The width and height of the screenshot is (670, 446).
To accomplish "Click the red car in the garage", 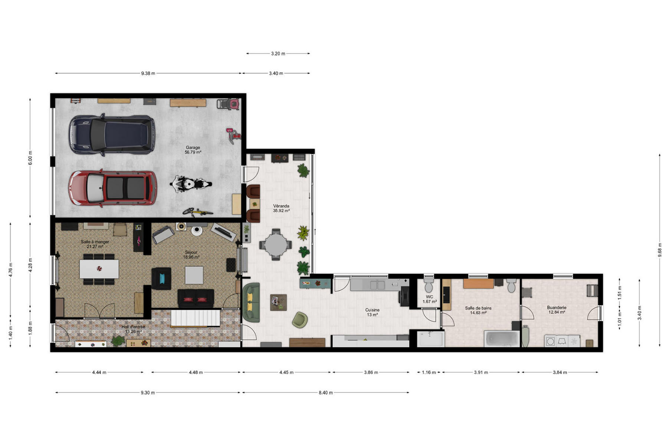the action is [x=112, y=188].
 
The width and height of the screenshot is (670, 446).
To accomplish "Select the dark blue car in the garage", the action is [x=112, y=135].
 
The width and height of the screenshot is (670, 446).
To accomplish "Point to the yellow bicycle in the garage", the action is [x=198, y=212].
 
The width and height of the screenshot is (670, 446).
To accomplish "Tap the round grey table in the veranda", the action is [x=276, y=245].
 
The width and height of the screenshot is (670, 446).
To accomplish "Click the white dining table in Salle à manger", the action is [x=99, y=269].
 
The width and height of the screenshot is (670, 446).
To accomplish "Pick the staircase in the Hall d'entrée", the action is [x=195, y=318].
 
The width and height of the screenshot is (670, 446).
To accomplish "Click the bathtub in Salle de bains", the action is [x=502, y=339].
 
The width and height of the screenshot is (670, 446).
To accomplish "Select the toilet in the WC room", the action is [x=429, y=285].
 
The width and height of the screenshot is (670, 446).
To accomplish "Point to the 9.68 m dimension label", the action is [x=660, y=250].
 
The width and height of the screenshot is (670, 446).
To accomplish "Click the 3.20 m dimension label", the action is [x=278, y=54].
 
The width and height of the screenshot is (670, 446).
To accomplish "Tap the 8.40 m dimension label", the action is [x=325, y=392].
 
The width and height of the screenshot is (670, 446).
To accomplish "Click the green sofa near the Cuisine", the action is [x=251, y=302].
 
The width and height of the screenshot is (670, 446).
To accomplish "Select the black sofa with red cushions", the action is [x=196, y=298].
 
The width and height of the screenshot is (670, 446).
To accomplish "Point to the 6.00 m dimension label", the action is [x=30, y=158].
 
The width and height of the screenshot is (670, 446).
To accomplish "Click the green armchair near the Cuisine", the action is [x=300, y=320].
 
